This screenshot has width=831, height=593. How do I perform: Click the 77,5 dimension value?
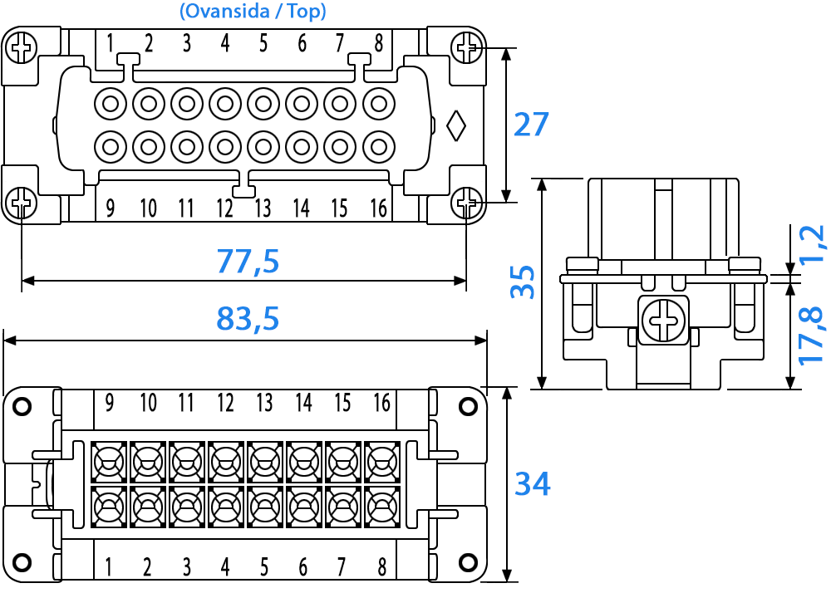tap(248, 261)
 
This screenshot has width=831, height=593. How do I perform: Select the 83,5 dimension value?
tap(248, 318)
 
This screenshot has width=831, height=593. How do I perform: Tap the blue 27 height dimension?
tap(531, 125)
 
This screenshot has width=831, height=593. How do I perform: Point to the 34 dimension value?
tap(533, 483)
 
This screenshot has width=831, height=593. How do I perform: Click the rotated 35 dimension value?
tap(523, 282)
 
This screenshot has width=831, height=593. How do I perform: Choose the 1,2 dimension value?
tap(812, 244)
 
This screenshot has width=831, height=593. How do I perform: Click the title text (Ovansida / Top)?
tap(253, 11)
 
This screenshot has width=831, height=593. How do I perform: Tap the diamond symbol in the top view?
tap(455, 126)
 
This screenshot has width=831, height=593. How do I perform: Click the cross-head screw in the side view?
tap(663, 321)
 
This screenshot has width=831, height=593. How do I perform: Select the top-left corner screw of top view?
tap(22, 48)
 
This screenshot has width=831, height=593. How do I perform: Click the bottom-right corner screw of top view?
tap(467, 203)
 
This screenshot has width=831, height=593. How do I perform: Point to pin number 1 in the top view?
tap(110, 43)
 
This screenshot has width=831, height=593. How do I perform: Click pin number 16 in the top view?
tap(378, 208)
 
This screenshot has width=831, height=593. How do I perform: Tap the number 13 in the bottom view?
tap(264, 403)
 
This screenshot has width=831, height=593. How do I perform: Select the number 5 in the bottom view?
tap(264, 567)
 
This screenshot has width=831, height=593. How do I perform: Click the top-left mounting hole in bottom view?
tap(22, 407)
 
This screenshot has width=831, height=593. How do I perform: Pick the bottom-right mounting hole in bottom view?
tap(468, 561)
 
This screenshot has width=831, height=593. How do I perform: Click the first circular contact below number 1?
tap(111, 103)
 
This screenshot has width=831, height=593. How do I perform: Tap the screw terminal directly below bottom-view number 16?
tap(382, 463)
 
